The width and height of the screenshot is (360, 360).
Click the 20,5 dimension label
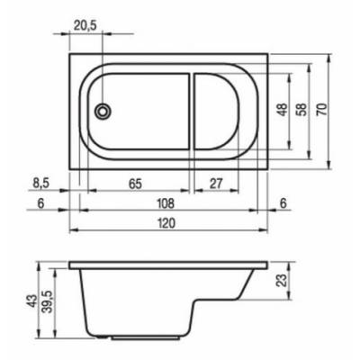85,26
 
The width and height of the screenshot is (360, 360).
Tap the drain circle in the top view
103,112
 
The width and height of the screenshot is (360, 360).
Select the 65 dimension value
135,184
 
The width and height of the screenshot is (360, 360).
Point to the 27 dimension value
216,184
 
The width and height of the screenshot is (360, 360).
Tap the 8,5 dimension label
40,184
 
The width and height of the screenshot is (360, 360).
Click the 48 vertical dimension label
283,110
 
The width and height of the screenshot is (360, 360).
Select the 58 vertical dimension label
301,110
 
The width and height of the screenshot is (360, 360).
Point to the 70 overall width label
322,110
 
